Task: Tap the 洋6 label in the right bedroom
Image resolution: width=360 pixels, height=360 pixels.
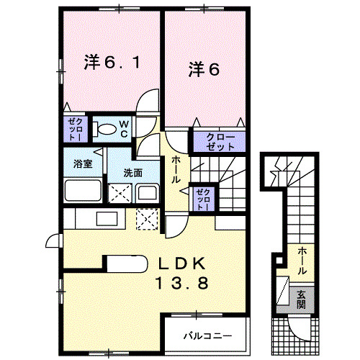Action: click(x=204, y=69)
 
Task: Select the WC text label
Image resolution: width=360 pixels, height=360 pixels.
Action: click(x=123, y=130)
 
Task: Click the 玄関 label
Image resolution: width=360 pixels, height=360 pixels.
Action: click(x=302, y=300)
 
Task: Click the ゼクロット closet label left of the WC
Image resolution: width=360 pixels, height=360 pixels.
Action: click(x=74, y=129)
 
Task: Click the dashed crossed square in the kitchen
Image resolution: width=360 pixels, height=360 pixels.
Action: click(x=148, y=218)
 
